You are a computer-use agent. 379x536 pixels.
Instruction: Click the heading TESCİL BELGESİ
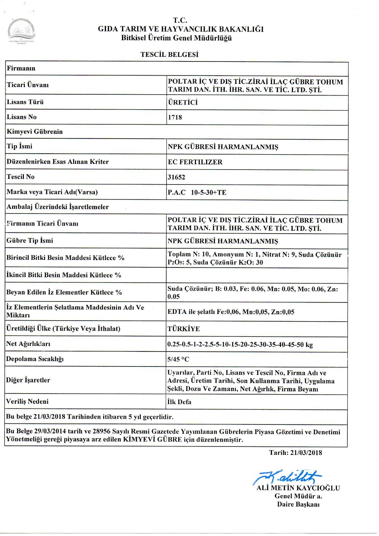pos(169,54)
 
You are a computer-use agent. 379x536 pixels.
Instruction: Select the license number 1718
pos(175,117)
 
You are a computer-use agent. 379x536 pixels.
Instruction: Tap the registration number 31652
pos(176,177)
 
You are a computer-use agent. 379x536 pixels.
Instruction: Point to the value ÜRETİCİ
pos(183,102)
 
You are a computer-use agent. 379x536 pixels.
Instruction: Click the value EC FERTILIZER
pos(195,162)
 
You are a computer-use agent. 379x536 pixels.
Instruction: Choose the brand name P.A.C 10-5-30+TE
pos(197,192)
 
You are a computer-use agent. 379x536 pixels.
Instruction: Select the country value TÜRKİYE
pos(184,329)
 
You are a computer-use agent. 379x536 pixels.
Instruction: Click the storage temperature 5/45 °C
pos(178,359)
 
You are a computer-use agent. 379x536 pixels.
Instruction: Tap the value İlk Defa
pos(179,402)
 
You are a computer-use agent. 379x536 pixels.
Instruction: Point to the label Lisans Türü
pos(25,102)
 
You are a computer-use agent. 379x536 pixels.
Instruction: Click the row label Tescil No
pos(20,177)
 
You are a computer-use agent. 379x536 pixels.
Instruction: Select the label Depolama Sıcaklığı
pos(35,359)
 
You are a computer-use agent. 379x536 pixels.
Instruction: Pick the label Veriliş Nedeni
pos(27,402)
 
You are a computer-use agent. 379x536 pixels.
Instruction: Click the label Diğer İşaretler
pos(28,380)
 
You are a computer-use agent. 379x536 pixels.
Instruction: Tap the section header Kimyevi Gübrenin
pos(35,132)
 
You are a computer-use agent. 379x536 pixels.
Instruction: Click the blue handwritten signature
pos(287,477)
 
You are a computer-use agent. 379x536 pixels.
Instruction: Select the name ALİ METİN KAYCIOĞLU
pos(298,488)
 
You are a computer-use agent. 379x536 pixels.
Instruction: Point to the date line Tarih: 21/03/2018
pos(295,453)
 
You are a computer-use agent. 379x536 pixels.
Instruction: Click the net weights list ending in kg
pos(240,344)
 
